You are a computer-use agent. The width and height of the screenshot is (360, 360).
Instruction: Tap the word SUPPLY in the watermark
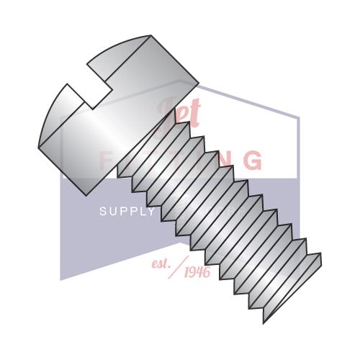tap(127, 212)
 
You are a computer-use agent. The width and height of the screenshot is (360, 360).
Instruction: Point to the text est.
tap(161, 264)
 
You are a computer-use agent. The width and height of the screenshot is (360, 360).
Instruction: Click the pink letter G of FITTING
tap(252, 160)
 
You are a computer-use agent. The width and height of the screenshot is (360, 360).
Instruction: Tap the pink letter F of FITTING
tap(106, 160)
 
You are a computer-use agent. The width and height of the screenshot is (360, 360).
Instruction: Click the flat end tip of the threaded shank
tap(292, 288)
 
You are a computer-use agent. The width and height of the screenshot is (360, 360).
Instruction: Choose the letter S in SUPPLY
tap(102, 212)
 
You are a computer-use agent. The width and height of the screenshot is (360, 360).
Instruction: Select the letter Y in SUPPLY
tap(150, 212)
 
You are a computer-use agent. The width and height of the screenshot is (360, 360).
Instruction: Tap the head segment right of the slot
tap(144, 65)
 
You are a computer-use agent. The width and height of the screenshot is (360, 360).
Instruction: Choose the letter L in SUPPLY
tap(141, 212)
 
